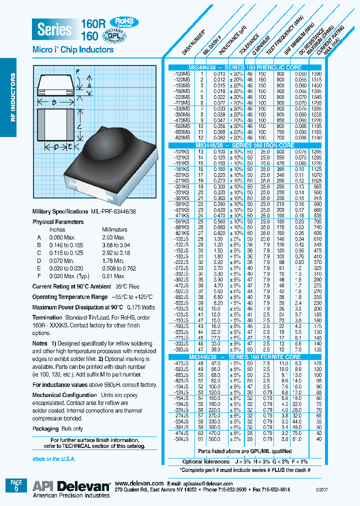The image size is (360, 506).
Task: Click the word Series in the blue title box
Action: coord(54,29)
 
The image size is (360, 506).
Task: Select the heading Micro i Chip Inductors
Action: coord(73,50)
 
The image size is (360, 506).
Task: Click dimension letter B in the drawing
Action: coord(54,103)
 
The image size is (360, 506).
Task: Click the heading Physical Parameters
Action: coord(58,221)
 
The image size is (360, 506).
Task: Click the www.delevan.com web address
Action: coord(139,483)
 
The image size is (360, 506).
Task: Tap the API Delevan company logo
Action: coord(71,486)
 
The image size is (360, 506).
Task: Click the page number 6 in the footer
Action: coord(16,488)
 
